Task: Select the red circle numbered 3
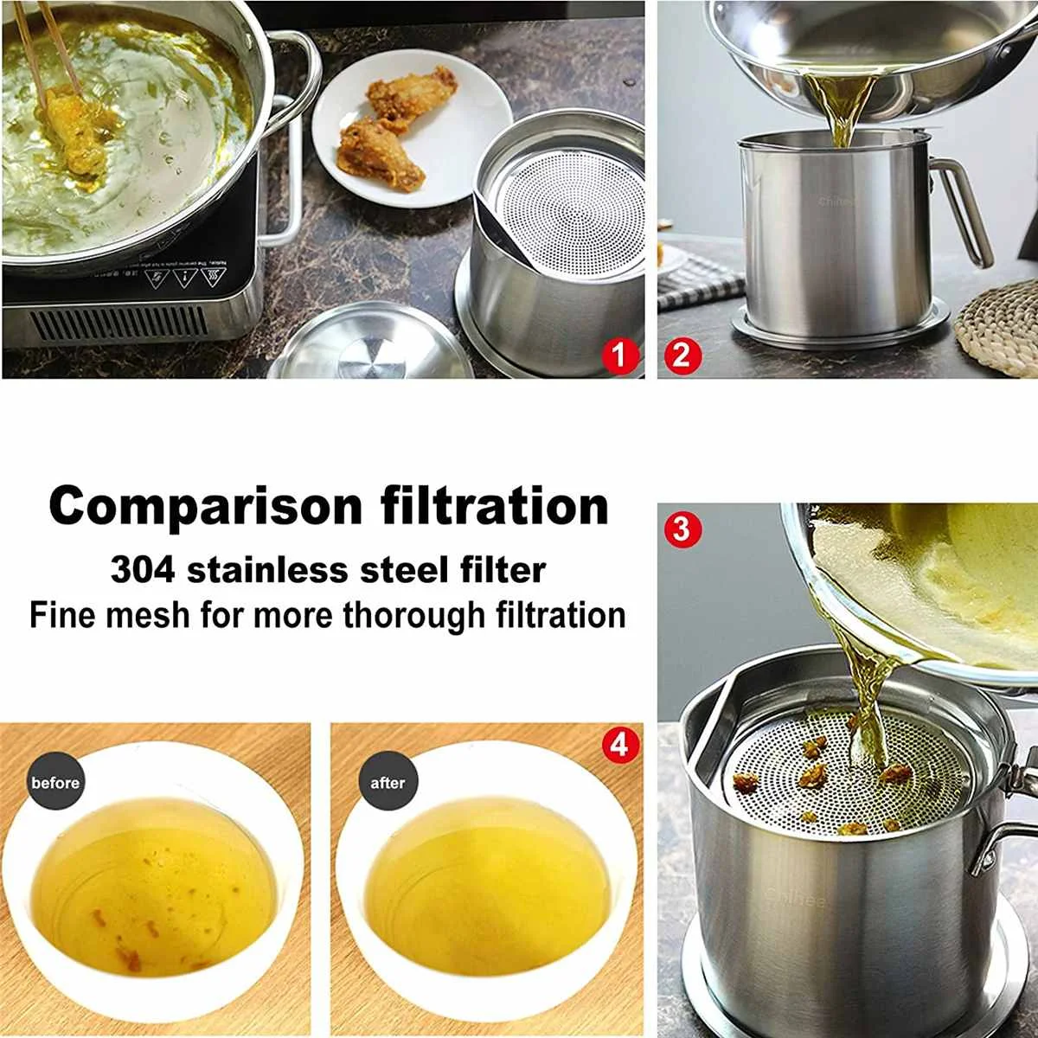coord(682,528)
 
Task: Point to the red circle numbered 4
coord(619,743)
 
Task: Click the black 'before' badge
coord(55,783)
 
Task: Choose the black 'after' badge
coord(387,783)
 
